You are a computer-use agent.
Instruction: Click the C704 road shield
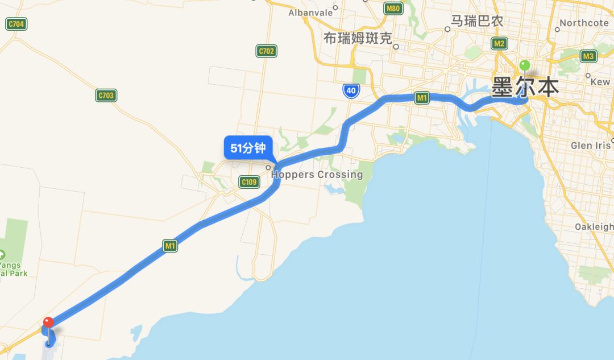pos(16,24)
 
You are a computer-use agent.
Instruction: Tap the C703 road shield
pos(106,96)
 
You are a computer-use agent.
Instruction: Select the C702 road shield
pos(266,51)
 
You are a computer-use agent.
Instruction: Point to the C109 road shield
pos(249,182)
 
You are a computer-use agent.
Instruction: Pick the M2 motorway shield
pos(500,43)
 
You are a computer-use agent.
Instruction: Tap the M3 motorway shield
pos(588,56)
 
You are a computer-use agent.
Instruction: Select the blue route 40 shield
pos(351,90)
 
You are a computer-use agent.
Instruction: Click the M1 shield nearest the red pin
pos(170,246)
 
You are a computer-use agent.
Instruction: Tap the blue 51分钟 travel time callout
pos(248,148)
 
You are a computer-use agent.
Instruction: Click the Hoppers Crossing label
pos(317,175)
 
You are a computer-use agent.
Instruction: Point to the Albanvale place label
pos(310,13)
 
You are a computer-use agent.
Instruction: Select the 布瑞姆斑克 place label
pos(358,39)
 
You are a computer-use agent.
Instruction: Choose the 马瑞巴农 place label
pos(476,21)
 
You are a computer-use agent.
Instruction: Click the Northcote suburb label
pos(584,23)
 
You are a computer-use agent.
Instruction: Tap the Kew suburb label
pos(600,82)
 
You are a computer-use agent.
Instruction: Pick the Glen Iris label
pos(590,146)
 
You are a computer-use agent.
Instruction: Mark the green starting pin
pos(525,66)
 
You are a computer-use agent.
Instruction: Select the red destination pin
pos(48,322)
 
